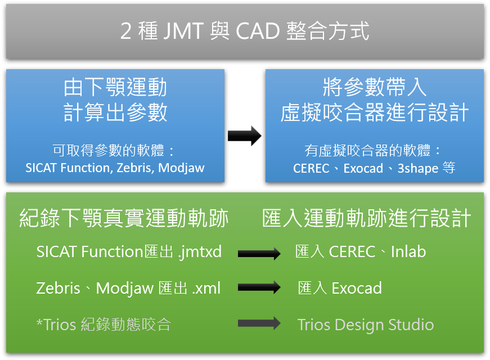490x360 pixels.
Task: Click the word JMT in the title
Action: coord(183,31)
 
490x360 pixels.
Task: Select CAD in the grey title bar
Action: coord(258,31)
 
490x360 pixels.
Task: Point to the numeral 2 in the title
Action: coord(125,31)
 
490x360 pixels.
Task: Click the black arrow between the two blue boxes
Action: coord(244,136)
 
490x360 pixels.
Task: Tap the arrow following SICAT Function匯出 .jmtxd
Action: coord(259,253)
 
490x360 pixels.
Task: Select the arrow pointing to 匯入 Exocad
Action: coord(259,287)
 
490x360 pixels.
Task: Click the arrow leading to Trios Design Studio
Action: coord(259,323)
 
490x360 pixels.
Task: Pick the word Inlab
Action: coord(408,251)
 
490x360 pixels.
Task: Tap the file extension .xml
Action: coord(206,288)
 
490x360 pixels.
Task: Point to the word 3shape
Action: coord(418,169)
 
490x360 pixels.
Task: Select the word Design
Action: coord(359,326)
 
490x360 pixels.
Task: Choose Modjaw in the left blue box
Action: coord(181,168)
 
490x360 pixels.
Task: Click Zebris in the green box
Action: coord(59,288)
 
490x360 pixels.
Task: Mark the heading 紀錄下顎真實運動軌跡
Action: coord(124,218)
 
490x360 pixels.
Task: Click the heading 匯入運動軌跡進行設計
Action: coord(367,218)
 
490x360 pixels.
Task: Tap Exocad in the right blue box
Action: coord(363,168)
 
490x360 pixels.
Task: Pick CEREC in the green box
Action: coord(352,252)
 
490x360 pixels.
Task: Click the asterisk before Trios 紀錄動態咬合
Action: coord(39,322)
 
